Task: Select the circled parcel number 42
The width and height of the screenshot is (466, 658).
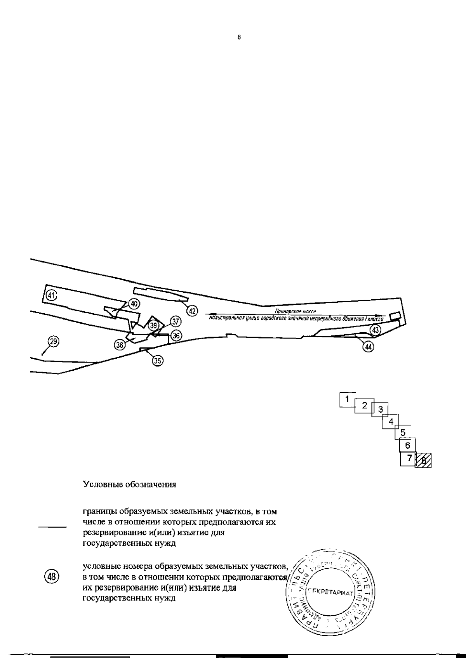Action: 192,311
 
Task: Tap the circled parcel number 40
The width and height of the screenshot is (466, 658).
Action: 134,304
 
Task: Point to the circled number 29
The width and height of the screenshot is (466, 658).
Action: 54,342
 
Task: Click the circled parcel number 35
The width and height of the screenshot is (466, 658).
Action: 157,361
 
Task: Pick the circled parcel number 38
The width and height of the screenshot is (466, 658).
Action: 120,344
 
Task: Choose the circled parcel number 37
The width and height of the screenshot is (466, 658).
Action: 176,321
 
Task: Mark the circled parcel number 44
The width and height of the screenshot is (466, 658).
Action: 368,347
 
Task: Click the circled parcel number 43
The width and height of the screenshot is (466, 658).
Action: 375,330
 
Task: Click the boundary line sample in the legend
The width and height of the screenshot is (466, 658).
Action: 52,527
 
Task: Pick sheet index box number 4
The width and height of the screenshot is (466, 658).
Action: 391,421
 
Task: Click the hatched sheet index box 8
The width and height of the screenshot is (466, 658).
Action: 423,461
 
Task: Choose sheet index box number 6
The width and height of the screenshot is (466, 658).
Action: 407,445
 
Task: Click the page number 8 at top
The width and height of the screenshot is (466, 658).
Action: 239,38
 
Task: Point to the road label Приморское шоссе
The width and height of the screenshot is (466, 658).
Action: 295,311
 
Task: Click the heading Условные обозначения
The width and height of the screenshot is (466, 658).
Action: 130,485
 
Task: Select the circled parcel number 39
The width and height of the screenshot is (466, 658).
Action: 154,325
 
